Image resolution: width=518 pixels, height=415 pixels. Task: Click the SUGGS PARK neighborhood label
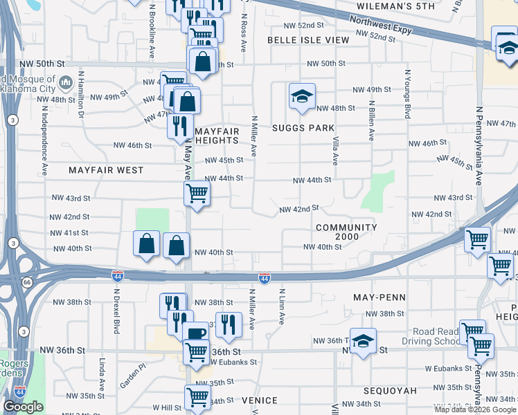click(x=303, y=128)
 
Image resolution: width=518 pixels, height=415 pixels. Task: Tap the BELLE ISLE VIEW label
click(x=309, y=40)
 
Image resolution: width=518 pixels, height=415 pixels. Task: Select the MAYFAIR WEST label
click(x=106, y=169)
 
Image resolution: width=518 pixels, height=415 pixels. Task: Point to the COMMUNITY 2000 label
click(x=346, y=232)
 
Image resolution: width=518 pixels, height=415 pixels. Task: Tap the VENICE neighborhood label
click(x=260, y=400)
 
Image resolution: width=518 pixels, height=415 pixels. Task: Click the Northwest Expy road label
click(x=382, y=26)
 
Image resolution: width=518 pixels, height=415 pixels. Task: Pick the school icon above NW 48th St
click(x=302, y=96)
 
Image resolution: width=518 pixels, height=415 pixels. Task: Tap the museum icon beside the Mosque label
click(x=66, y=84)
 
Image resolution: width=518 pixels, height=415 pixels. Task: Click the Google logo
click(x=23, y=407)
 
